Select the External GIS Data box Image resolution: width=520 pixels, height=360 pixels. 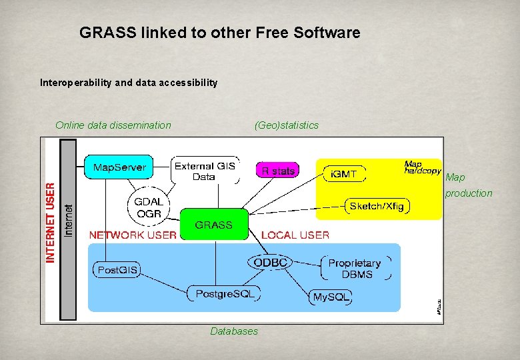tap(204, 171)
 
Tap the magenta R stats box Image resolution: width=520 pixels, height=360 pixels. tap(277, 171)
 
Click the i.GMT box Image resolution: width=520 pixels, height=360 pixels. tap(345, 175)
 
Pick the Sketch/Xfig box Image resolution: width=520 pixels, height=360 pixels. tap(377, 206)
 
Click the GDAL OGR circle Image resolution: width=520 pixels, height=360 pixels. tap(148, 207)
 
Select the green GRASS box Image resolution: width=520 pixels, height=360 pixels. tap(214, 225)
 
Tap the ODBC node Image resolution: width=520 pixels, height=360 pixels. tap(270, 263)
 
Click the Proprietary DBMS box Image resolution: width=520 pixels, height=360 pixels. tap(354, 269)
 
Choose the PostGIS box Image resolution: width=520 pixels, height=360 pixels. tap(117, 270)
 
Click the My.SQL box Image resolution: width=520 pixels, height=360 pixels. tap(330, 297)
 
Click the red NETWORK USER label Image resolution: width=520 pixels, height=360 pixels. tap(133, 235)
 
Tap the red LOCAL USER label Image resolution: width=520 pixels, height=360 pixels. tap(295, 235)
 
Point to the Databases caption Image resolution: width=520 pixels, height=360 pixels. tap(234, 331)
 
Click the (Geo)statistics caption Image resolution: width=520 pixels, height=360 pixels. tap(287, 125)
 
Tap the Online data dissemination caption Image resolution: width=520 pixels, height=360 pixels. tap(113, 125)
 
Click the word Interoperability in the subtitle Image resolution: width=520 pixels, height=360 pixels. tap(76, 83)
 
